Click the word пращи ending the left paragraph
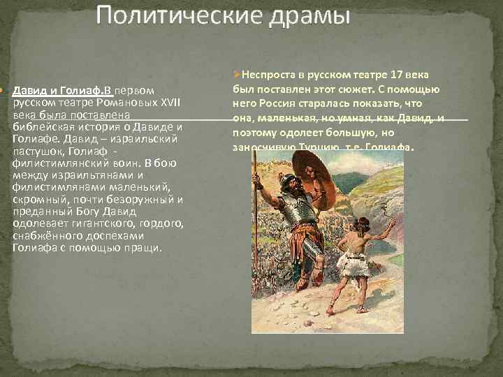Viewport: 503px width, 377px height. click(x=143, y=248)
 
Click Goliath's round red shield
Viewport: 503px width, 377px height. click(x=315, y=179)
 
